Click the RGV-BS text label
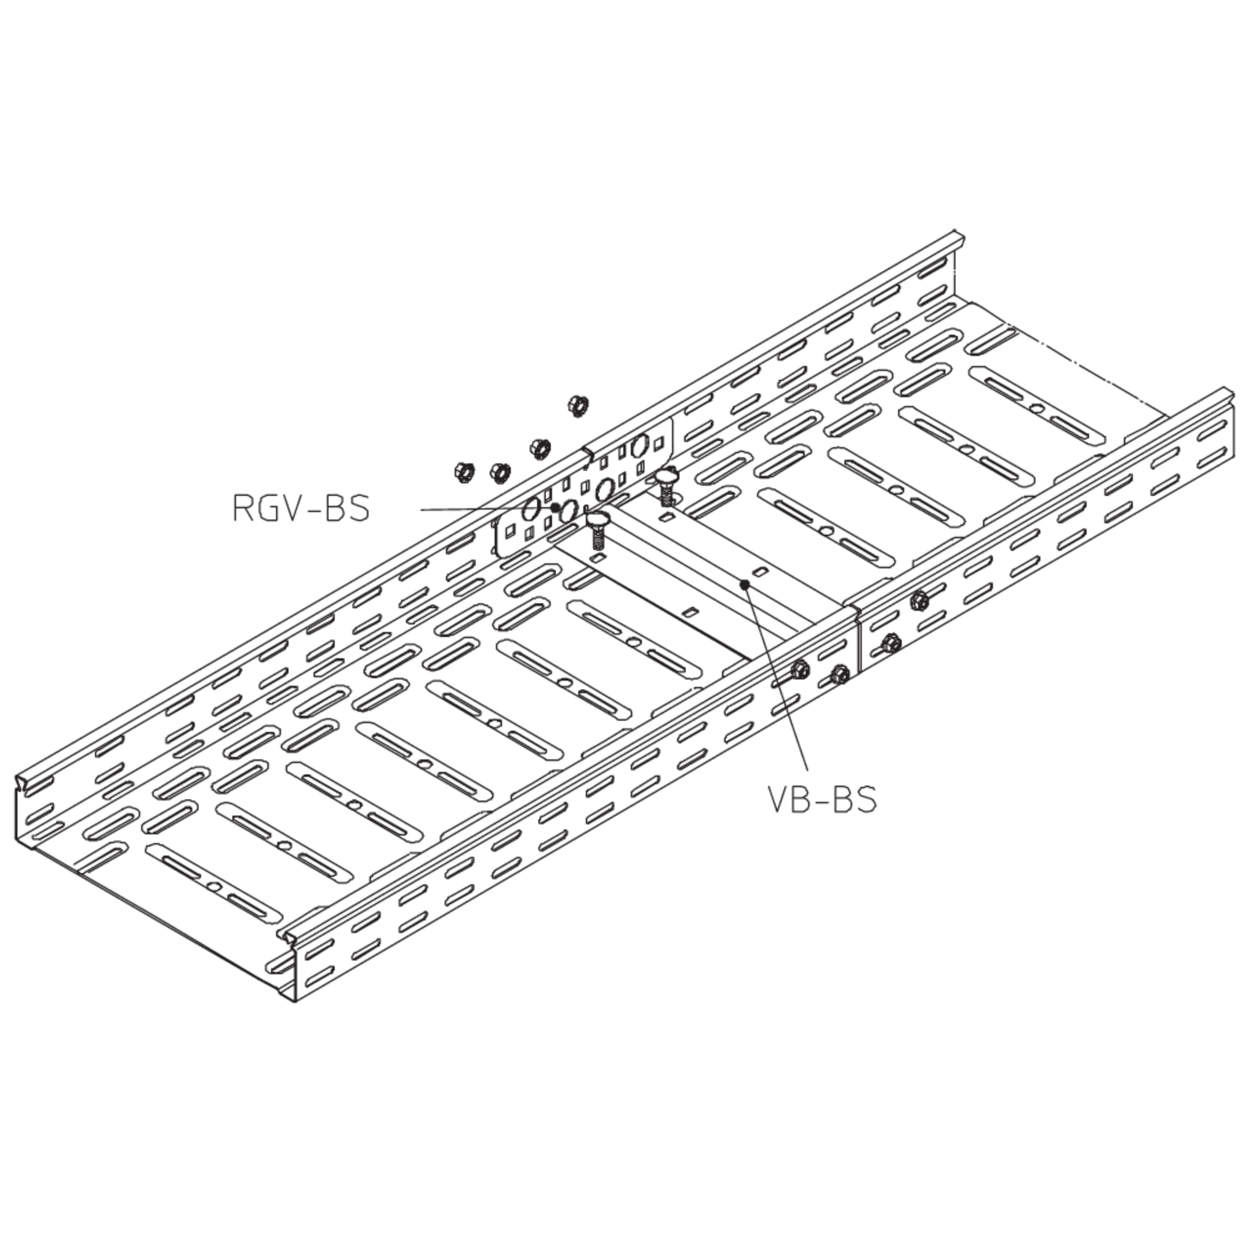(x=301, y=508)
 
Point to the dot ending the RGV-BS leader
(x=556, y=508)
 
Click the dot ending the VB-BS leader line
(x=745, y=585)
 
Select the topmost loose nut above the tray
(x=577, y=405)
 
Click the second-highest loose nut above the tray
(x=539, y=448)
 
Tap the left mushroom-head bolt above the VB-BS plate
(x=598, y=530)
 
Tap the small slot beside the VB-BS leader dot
(x=761, y=570)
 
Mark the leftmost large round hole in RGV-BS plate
(x=530, y=509)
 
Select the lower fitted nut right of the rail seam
(x=892, y=642)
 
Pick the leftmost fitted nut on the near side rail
(x=800, y=669)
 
